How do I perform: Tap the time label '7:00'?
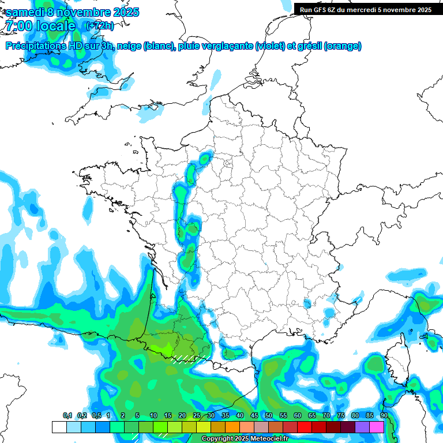click(x=17, y=26)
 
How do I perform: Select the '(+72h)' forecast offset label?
click(x=99, y=26)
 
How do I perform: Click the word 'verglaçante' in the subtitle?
click(x=228, y=46)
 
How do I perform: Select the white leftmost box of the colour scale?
click(x=59, y=427)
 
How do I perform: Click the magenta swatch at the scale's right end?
click(x=377, y=427)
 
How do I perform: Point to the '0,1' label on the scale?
click(x=67, y=416)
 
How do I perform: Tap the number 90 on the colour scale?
click(x=384, y=416)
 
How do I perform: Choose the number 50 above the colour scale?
click(x=269, y=416)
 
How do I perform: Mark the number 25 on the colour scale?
click(x=197, y=416)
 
